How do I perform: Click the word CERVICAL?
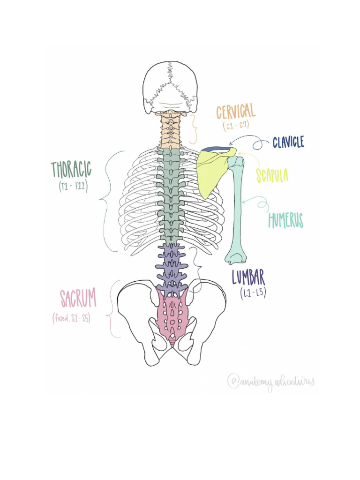coord(236,112)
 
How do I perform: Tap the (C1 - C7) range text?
coord(235,126)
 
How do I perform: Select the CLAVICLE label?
coord(288,142)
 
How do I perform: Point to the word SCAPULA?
coord(272,175)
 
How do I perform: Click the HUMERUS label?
coord(285,220)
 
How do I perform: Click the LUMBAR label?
coord(248,277)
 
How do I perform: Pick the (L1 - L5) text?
coord(253,294)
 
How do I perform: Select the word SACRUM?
coord(78,298)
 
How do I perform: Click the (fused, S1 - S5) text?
coord(71,318)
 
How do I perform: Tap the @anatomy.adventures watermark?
coord(270,382)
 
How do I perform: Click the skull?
coord(170,87)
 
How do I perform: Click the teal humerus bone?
coord(238,206)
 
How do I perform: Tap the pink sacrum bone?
coord(172,314)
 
